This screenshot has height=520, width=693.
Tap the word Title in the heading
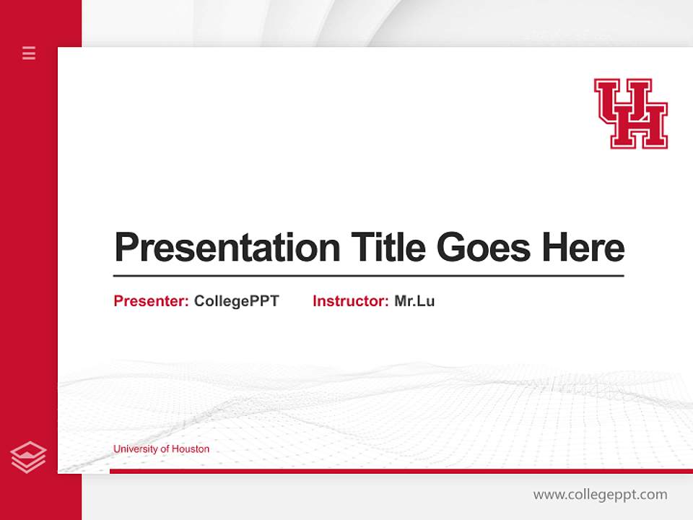388,248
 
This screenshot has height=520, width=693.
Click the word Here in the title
583,248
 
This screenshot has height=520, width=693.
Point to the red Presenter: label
151,301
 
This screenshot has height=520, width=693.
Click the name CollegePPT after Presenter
236,301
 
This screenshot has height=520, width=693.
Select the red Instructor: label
350,301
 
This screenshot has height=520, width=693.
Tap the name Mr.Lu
414,301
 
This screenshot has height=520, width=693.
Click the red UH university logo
631,113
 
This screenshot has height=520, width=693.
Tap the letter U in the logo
615,101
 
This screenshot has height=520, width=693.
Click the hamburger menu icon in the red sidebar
29,53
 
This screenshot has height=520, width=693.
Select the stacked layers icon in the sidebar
28,457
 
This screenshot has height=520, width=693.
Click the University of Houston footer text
161,448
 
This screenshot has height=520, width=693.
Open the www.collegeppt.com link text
600,495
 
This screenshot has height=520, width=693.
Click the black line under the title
368,276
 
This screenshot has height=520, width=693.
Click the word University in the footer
134,448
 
